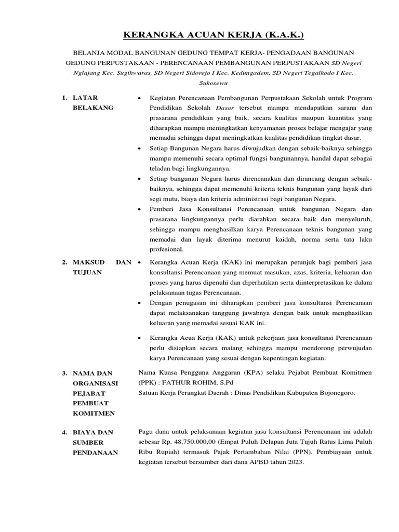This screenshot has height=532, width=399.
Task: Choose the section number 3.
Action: coord(64,373)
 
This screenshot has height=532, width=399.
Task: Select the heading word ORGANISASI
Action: coord(96,383)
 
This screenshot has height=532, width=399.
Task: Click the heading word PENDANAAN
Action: coord(95,452)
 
